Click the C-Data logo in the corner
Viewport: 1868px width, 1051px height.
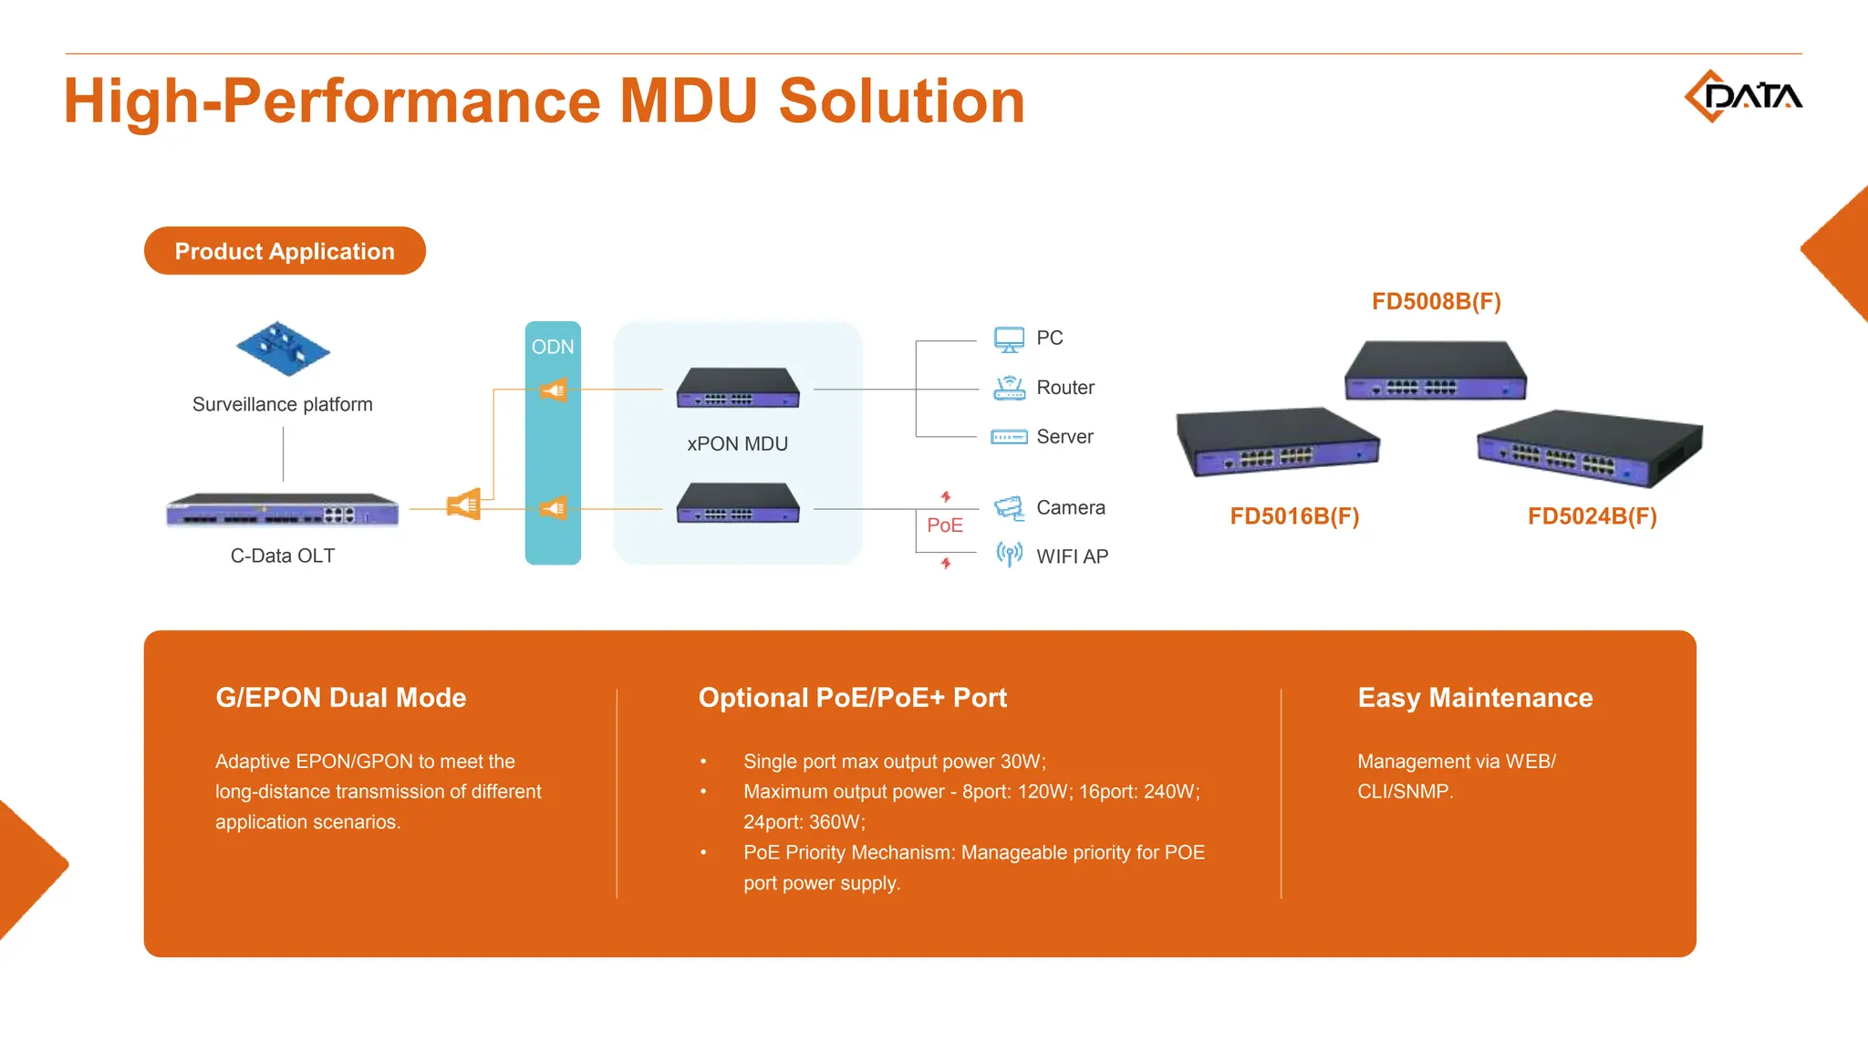(1742, 96)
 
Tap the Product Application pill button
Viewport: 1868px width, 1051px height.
(285, 251)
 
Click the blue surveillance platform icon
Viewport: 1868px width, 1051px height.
(283, 349)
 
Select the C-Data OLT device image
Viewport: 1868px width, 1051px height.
(283, 510)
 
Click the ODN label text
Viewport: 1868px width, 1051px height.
(553, 347)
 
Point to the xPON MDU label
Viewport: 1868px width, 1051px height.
(737, 443)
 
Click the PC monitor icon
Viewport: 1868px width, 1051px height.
(1009, 339)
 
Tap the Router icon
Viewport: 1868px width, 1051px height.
(1009, 388)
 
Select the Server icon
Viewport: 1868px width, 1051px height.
(1009, 437)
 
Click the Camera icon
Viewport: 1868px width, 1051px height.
(1009, 508)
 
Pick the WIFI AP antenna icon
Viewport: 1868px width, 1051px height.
(1009, 554)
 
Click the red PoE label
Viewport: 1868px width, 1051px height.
(945, 525)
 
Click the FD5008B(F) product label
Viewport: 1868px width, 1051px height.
(1437, 301)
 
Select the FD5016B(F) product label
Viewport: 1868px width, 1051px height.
(1294, 516)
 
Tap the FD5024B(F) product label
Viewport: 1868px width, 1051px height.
(1592, 516)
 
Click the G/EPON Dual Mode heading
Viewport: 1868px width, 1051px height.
(340, 698)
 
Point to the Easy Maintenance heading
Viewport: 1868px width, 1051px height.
(1475, 698)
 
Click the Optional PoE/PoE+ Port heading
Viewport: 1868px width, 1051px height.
(852, 698)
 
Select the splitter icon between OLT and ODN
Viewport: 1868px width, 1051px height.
(463, 504)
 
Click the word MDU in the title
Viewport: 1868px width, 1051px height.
(689, 100)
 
